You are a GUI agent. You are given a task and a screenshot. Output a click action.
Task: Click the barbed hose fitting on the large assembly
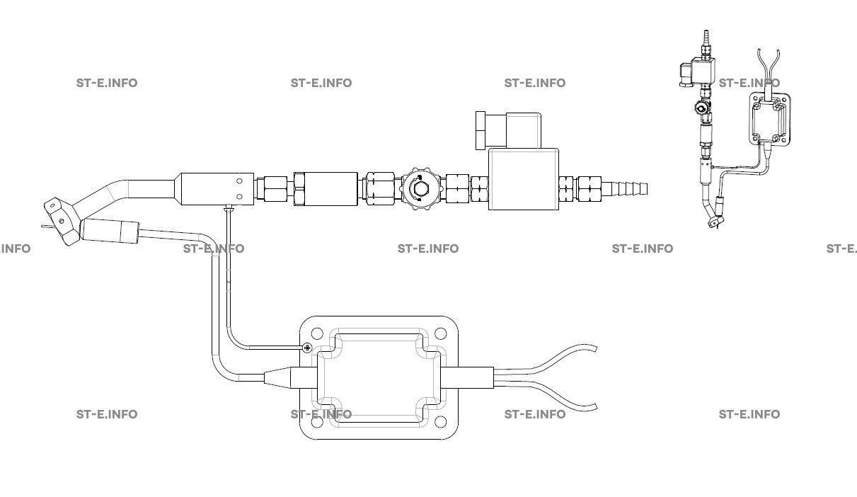click(x=624, y=189)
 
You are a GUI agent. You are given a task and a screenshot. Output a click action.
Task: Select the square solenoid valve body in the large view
click(x=524, y=179)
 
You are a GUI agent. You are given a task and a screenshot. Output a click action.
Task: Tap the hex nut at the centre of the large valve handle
click(x=420, y=188)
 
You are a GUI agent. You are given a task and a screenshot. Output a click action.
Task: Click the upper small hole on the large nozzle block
click(x=239, y=181)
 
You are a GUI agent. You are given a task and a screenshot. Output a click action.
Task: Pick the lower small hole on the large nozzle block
click(x=239, y=197)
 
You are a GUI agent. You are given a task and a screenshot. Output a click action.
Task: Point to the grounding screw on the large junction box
click(x=307, y=348)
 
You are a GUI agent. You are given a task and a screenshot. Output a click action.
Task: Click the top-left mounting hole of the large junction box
click(x=317, y=333)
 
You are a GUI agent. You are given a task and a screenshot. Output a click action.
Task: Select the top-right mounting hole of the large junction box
click(x=441, y=333)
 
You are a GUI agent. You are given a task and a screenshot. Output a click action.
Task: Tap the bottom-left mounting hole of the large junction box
click(x=317, y=421)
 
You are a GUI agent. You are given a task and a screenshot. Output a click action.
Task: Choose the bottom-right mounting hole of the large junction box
click(x=441, y=421)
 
